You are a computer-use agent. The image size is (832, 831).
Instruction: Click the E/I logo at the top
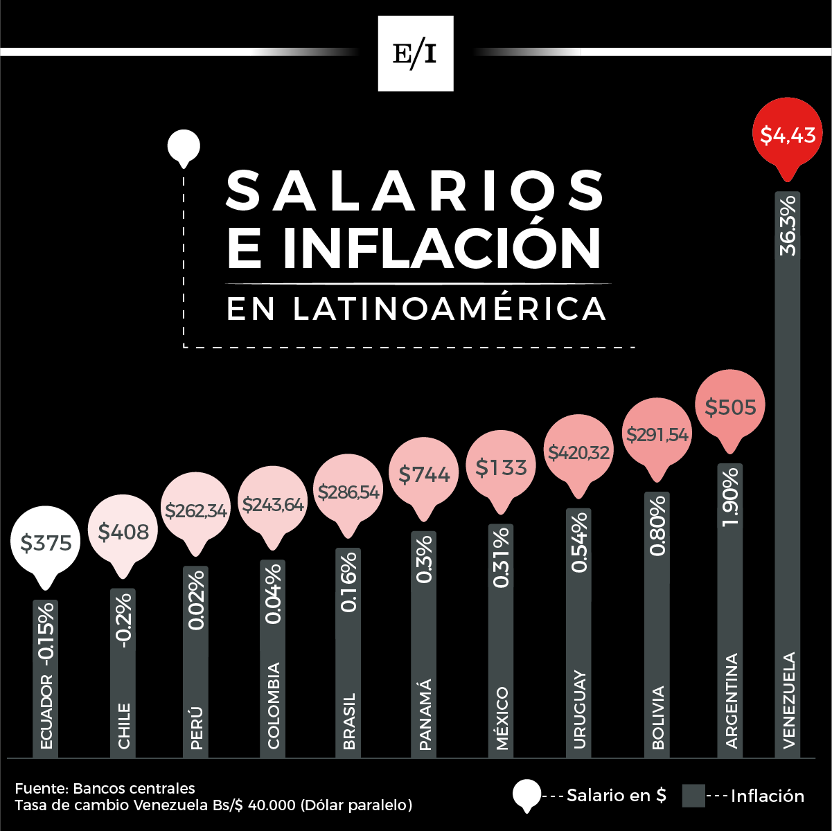(416, 53)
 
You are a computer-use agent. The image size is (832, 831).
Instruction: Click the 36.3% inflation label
(788, 226)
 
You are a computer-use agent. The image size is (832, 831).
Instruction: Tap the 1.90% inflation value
(730, 497)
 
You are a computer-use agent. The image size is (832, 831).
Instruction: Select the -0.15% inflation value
(46, 633)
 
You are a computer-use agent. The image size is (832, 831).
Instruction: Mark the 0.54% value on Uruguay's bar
(578, 543)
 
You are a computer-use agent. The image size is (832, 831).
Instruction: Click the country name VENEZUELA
(788, 700)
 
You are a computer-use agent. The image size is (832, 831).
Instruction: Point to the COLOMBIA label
(274, 706)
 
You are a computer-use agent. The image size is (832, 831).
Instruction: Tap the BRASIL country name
(349, 721)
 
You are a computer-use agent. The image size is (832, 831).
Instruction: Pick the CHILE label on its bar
(124, 726)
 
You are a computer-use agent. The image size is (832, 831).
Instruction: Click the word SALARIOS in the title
(415, 190)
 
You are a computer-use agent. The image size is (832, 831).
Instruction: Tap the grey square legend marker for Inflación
(693, 796)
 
